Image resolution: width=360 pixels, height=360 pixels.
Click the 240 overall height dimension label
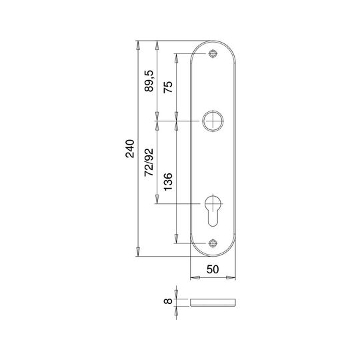[130, 149]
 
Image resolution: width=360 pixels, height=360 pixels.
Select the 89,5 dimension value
[149, 81]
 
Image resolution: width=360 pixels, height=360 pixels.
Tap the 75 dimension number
[168, 87]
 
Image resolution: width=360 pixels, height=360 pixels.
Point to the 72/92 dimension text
[149, 162]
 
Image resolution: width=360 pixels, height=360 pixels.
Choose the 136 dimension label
[168, 181]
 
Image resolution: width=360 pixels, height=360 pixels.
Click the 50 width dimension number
[213, 269]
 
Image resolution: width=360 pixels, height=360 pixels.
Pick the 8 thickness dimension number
[168, 301]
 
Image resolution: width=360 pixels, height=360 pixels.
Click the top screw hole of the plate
[213, 54]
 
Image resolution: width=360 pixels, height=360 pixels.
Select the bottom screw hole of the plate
[213, 243]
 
